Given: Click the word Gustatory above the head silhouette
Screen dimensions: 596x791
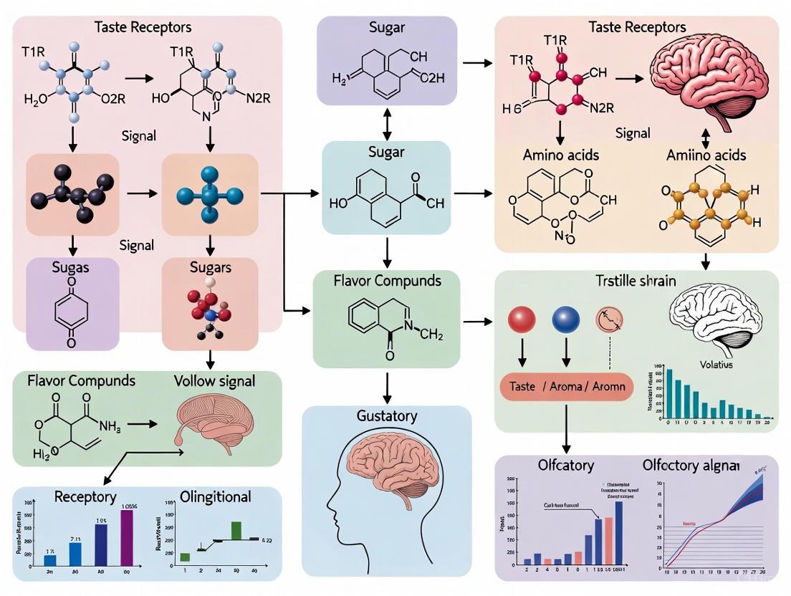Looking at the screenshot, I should pos(386,416).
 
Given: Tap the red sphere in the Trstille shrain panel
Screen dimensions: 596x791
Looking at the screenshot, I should pos(522,320).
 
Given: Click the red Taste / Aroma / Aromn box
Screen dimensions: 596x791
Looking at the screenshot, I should pos(566,386).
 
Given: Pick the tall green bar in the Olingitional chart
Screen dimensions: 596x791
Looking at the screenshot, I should pos(236,529).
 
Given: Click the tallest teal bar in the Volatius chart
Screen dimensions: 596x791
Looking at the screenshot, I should pos(669,393).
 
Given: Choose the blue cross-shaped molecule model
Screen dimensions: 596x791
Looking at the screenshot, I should pos(210,195).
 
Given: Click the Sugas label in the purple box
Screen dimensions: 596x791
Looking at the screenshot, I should pos(71,267).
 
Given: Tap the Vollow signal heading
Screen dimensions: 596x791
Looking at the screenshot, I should pos(214,380).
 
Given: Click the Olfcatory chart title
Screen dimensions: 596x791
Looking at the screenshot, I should pos(565,466).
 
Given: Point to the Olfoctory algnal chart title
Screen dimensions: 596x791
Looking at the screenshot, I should pos(690,466).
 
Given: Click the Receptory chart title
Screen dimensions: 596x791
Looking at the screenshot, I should pos(85,496).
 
